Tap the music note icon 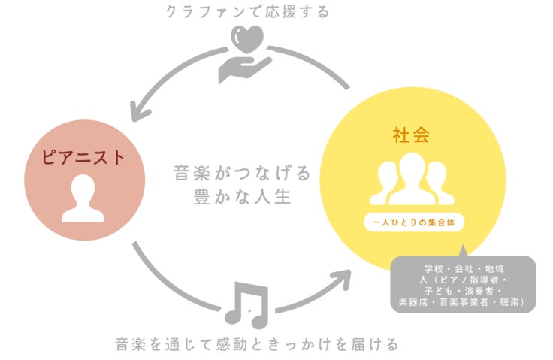pyautogui.click(x=246, y=305)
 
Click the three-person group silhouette pyautogui.click(x=411, y=180)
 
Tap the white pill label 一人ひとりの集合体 pyautogui.click(x=411, y=223)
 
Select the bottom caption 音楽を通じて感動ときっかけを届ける pyautogui.click(x=256, y=345)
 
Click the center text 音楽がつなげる pyautogui.click(x=241, y=174)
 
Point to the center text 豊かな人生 pyautogui.click(x=241, y=198)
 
